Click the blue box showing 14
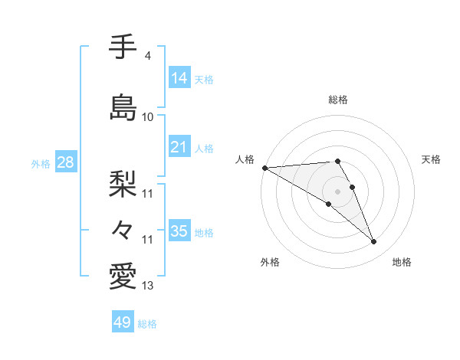coord(179,78)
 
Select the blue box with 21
coord(179,148)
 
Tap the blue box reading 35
coord(179,231)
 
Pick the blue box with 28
coord(65,163)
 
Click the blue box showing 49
coord(123,322)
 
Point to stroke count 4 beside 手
coord(147,56)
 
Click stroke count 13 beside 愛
coord(148,286)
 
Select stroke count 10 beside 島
coord(148,117)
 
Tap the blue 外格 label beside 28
coord(40,164)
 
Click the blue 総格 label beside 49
coord(148,324)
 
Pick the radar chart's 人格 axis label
coord(245,159)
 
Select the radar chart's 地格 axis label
coord(402,263)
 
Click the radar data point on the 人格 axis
coord(264,168)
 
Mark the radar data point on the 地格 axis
coord(373,242)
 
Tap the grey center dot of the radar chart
coord(337,190)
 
